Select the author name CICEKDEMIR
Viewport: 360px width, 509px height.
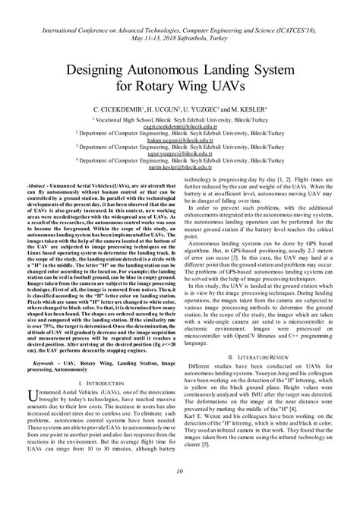122,111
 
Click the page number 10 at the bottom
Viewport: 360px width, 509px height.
180,494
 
